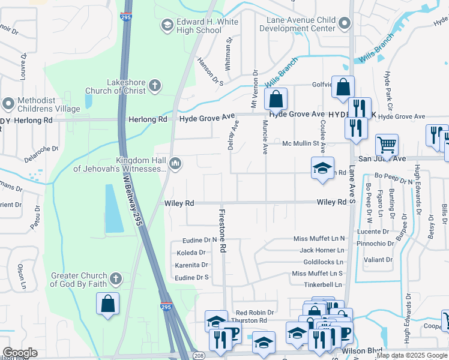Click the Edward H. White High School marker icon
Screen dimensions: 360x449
166,25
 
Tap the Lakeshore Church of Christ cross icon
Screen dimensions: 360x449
154,85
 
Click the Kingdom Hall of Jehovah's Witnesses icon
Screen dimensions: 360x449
175,163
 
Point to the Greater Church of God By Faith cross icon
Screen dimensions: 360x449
116,279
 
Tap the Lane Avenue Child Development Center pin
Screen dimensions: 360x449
344,23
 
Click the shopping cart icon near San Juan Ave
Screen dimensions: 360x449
387,145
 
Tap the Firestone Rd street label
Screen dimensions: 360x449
221,230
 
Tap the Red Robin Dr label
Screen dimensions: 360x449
255,313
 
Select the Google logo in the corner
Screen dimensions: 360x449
20,353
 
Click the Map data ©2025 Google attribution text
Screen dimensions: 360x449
411,355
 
